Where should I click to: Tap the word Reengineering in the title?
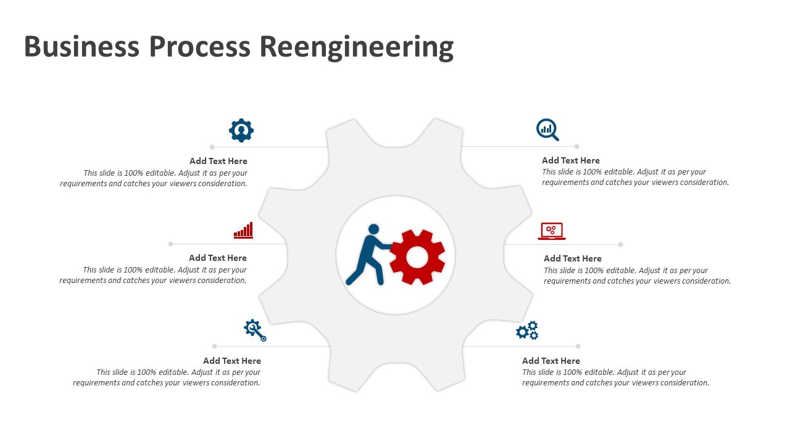click(356, 47)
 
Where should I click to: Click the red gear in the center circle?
click(417, 257)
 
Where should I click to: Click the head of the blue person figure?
click(373, 229)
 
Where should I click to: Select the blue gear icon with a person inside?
click(241, 130)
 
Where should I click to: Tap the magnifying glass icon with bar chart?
click(547, 130)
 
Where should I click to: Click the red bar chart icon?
click(244, 230)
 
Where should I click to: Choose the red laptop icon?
click(552, 231)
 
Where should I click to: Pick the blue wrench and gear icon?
click(255, 330)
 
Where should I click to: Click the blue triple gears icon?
click(528, 331)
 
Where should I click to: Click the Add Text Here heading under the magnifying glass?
click(571, 160)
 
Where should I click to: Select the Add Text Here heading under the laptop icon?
click(573, 258)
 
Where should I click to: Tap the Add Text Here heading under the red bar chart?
click(218, 258)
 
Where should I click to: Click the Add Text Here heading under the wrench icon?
click(232, 361)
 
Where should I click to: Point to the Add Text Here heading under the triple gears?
click(551, 361)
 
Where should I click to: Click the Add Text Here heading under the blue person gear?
click(218, 161)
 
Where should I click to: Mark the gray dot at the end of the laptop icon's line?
click(620, 244)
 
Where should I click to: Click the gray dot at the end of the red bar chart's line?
click(171, 244)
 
